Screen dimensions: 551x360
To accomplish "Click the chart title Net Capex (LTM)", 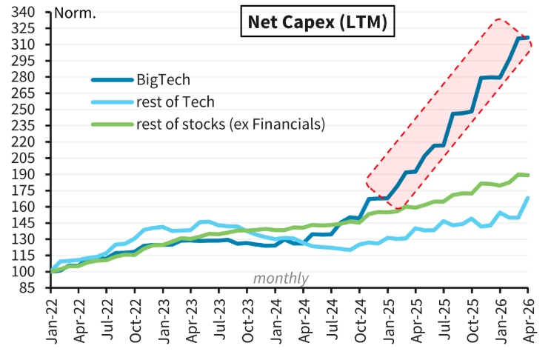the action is click(317, 21).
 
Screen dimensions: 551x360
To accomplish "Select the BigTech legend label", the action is click(164, 80).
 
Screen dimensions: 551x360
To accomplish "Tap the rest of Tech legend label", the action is click(176, 102).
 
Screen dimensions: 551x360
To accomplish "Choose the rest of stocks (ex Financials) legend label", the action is click(230, 124).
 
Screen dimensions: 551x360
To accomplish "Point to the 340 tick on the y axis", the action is click(23, 13).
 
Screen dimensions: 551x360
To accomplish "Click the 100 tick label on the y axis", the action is click(23, 272).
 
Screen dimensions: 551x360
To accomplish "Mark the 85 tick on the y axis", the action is click(27, 288).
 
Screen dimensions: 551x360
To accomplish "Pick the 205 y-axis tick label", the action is click(23, 159).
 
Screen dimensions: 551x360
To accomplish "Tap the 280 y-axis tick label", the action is click(23, 77).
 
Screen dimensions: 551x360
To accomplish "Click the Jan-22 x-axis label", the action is click(52, 321).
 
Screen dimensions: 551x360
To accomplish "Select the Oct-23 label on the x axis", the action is click(248, 321).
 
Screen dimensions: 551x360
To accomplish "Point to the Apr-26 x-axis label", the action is click(529, 321).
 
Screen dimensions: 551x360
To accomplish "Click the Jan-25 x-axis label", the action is click(389, 321).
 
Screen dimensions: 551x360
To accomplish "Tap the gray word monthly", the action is click(281, 279).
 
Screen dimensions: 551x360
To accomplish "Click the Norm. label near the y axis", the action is click(76, 13).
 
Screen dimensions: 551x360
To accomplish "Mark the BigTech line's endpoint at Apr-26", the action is click(528, 38).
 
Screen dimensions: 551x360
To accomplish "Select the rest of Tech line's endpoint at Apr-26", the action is click(528, 198).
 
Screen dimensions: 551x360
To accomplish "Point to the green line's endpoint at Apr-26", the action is click(528, 175).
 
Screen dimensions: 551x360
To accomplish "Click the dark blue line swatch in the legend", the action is click(113, 80).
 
